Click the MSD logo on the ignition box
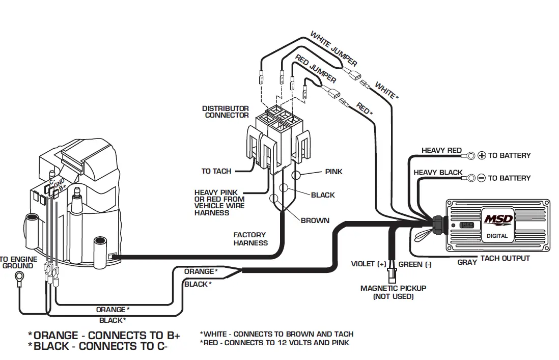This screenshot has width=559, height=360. pos(497,220)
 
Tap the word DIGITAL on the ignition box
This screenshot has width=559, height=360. pos(497,236)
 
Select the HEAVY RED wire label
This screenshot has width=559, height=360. pos(441,151)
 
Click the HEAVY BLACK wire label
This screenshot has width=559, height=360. pos(437,173)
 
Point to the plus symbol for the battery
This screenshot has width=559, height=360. pos(482,155)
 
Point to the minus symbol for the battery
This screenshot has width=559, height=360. pos(482,178)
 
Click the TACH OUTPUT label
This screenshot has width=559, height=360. pos(505,258)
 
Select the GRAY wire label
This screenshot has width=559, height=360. pos(467,262)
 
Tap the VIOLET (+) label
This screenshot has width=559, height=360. pos(369,264)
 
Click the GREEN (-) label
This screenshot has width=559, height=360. pos(415,264)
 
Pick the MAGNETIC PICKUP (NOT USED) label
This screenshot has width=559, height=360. pos(393,292)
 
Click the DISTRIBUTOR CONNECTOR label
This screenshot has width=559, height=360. pos(226,112)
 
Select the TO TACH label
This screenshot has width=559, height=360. pos(216,171)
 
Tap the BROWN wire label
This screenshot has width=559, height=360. pos(315,220)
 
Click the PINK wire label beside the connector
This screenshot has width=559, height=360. pos(333,172)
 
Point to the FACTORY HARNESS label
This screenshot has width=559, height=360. pos(250,239)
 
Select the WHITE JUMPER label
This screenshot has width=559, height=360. pos(333,49)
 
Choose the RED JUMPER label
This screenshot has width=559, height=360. pos(316,70)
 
